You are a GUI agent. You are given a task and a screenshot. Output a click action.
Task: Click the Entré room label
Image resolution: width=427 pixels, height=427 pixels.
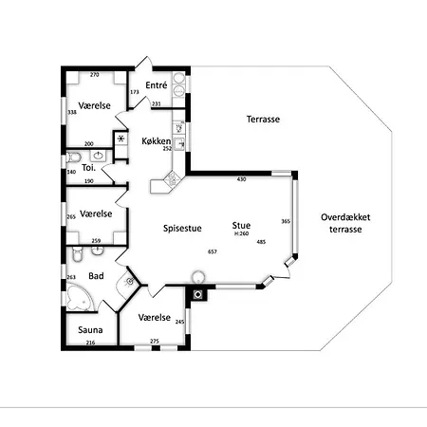click(x=157, y=85)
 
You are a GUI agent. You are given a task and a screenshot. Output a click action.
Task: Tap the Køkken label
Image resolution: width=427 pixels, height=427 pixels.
click(x=157, y=141)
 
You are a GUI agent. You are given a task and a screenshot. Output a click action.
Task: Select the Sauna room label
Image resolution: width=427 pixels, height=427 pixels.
click(x=90, y=330)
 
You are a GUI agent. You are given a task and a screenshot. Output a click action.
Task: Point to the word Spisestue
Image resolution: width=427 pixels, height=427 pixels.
click(x=182, y=229)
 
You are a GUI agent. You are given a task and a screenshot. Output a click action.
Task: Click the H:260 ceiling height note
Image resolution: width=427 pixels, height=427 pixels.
click(x=241, y=234)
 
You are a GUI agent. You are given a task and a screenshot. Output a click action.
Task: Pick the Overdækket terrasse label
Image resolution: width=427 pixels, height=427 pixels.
click(x=345, y=223)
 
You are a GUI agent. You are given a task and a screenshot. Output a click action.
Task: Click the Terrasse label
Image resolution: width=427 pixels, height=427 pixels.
click(x=263, y=120)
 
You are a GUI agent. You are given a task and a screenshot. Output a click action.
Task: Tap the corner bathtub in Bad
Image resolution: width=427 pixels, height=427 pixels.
click(x=80, y=298)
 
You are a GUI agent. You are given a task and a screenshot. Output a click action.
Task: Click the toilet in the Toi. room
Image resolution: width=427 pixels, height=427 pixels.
click(x=74, y=157)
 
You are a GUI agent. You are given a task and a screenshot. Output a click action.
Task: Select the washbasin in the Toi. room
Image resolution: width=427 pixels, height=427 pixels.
click(x=99, y=156)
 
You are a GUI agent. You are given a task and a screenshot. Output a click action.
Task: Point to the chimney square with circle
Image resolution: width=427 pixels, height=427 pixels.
click(x=198, y=295)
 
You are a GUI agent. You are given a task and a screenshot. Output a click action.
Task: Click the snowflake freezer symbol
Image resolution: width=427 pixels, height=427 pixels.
click(x=121, y=139)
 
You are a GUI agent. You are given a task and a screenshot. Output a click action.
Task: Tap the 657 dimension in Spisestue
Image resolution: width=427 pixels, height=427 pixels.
click(x=213, y=251)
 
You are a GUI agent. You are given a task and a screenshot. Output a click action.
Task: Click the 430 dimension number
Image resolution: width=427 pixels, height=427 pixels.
click(x=241, y=179)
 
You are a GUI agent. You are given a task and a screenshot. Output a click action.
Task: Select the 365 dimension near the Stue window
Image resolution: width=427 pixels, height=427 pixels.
click(x=286, y=221)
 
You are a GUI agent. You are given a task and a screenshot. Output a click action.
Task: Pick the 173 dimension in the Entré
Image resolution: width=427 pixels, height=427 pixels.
click(x=135, y=92)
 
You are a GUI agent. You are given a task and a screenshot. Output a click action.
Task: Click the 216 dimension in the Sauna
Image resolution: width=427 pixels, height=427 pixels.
click(x=90, y=343)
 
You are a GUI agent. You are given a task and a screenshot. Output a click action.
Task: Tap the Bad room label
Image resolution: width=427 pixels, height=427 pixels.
click(x=96, y=276)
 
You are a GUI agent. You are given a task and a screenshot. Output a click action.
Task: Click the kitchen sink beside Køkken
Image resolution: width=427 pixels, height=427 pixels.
click(x=179, y=144)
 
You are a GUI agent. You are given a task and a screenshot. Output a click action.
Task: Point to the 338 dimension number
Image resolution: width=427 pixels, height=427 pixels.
click(x=72, y=112)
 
